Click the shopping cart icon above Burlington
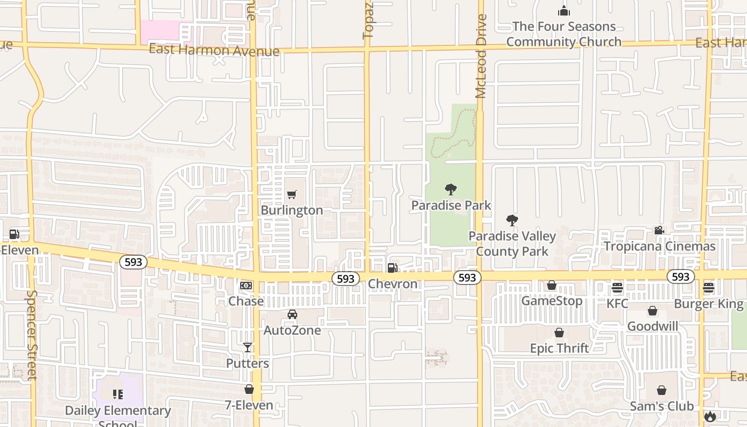tap(291, 195)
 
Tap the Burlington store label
tap(292, 210)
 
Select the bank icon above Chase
tap(246, 286)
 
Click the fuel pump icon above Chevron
tap(392, 268)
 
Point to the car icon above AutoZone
tap(292, 314)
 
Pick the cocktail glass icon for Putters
tap(248, 347)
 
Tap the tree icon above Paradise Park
tap(451, 189)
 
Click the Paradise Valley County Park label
tap(512, 243)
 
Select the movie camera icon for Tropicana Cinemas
tap(659, 230)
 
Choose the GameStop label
tap(552, 301)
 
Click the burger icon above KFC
tap(617, 288)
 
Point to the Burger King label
tap(709, 304)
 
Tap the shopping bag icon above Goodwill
tap(653, 311)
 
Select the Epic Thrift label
tap(559, 349)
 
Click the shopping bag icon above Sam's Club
tap(662, 390)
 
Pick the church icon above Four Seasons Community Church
tap(564, 11)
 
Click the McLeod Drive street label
tap(481, 56)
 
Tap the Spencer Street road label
tap(31, 335)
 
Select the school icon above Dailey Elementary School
tap(118, 394)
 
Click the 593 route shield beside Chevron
tap(346, 279)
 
